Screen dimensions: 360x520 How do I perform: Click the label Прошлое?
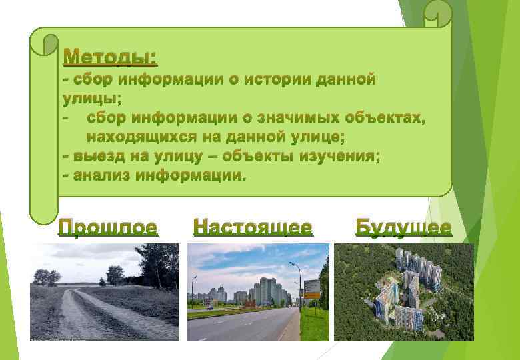(x=108, y=228)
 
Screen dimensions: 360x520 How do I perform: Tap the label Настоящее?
(x=253, y=228)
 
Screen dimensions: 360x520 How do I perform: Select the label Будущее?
(x=403, y=228)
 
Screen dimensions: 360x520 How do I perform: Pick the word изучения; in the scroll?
(x=341, y=157)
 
